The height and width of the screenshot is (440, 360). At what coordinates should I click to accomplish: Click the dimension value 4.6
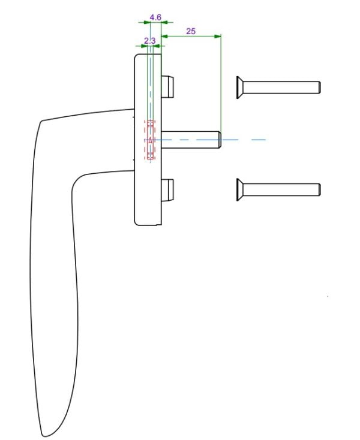(155, 17)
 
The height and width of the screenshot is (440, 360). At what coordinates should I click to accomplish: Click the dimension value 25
(191, 31)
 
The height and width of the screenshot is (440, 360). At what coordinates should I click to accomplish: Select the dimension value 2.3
(149, 41)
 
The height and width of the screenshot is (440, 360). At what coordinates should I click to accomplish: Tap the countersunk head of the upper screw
(239, 88)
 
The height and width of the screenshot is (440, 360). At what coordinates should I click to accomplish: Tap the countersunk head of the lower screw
(239, 189)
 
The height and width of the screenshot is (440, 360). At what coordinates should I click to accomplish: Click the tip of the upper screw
(319, 88)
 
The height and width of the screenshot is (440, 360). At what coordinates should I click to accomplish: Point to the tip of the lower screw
(319, 189)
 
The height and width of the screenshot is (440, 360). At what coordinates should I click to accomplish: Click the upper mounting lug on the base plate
(167, 87)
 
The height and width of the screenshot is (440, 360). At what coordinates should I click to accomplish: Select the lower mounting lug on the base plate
(167, 190)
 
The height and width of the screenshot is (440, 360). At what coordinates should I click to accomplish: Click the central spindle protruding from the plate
(191, 140)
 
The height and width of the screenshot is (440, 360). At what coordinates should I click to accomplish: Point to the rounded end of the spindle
(220, 140)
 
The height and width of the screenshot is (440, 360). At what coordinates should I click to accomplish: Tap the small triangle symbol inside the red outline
(150, 140)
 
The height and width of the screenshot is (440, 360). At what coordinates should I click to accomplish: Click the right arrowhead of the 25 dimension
(218, 36)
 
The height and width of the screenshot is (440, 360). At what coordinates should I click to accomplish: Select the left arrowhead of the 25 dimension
(164, 36)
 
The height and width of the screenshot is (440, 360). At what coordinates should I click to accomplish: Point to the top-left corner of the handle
(41, 122)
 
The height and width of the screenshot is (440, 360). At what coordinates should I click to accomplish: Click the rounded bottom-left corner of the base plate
(136, 223)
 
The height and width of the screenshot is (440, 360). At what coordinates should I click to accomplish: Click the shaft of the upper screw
(281, 88)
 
